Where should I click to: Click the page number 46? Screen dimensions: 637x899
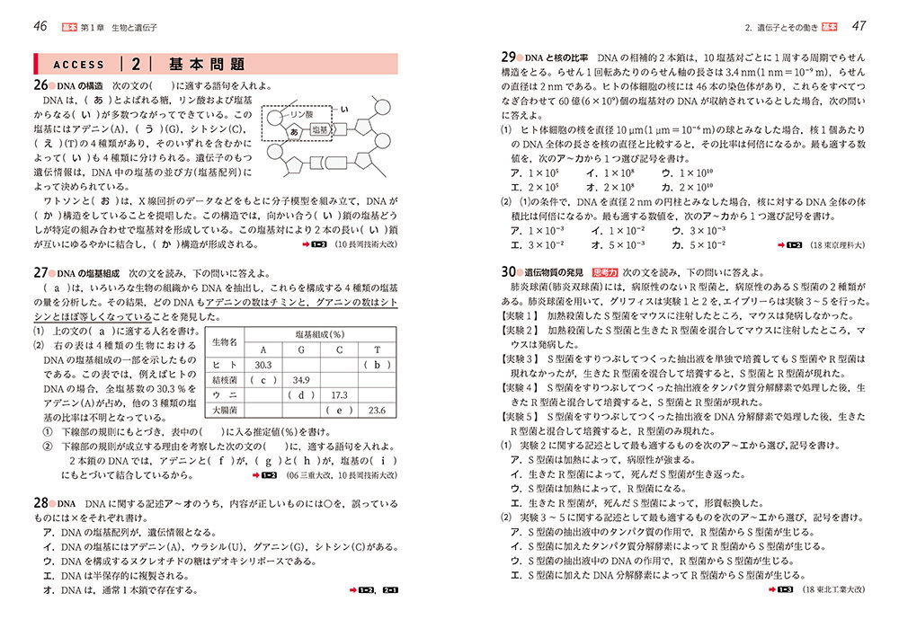[40, 25]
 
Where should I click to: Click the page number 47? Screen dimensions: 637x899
[859, 25]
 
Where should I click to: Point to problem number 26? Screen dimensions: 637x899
[40, 85]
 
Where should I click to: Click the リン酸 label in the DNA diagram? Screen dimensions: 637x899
[297, 115]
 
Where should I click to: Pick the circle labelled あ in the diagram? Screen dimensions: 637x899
[294, 131]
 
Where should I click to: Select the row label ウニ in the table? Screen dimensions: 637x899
[226, 395]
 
